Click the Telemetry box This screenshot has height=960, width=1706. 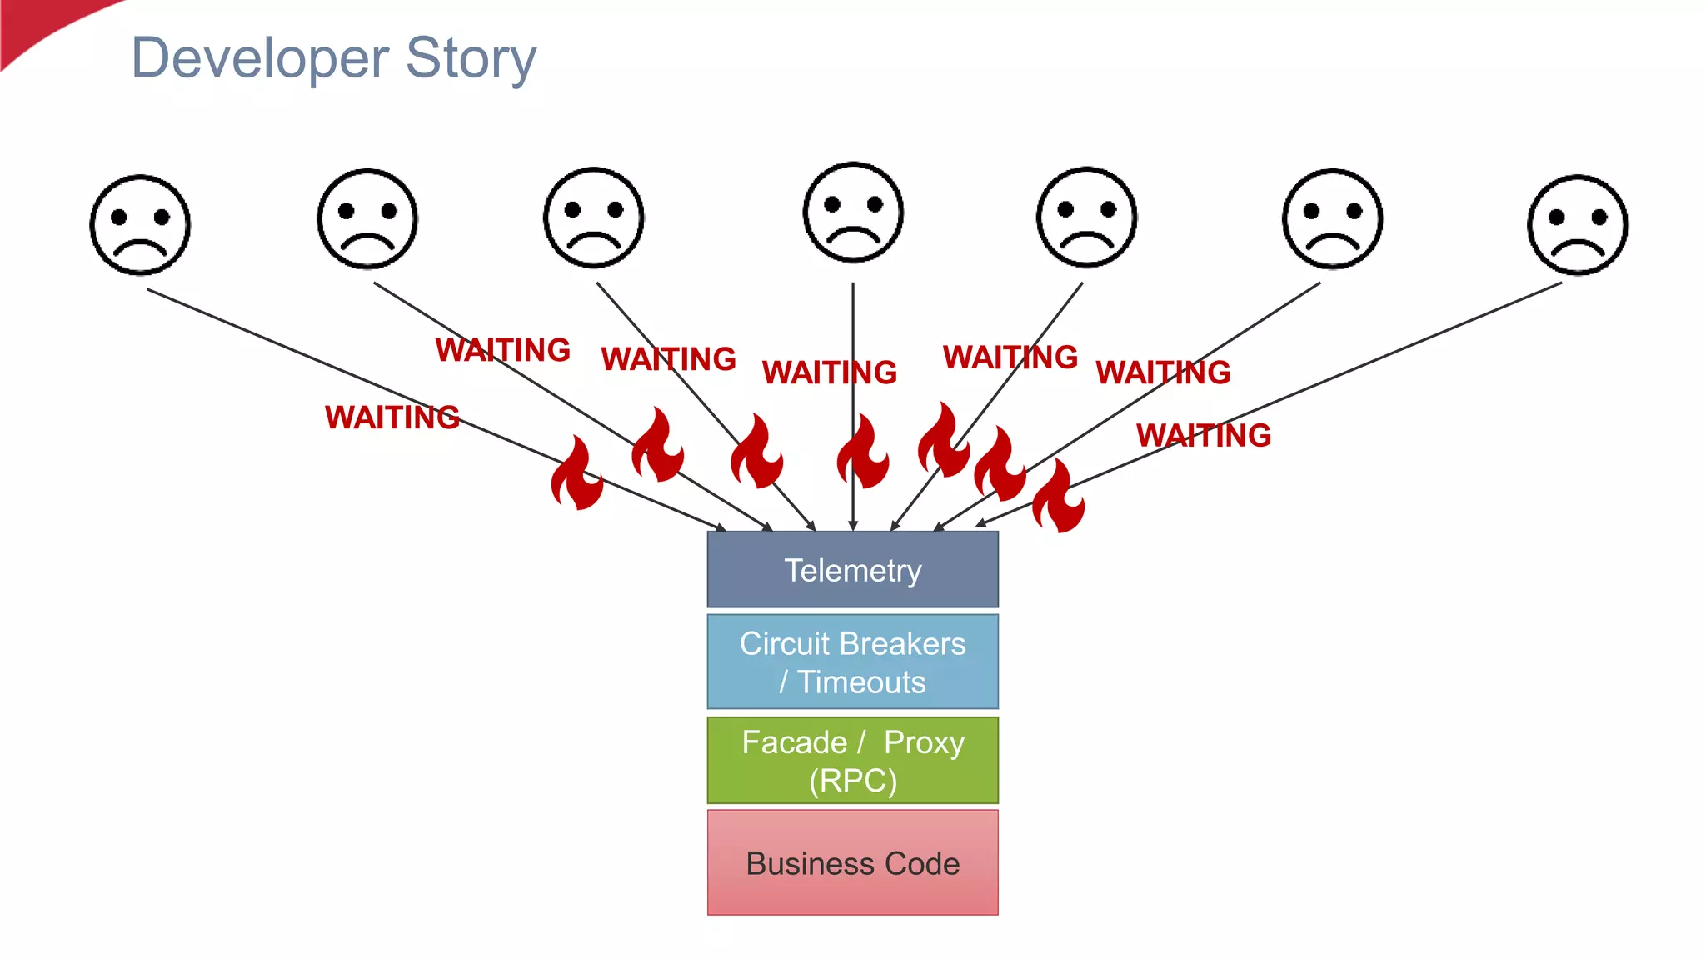(x=852, y=570)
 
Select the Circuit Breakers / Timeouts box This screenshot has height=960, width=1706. (x=852, y=662)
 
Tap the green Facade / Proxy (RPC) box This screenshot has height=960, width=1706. (x=852, y=760)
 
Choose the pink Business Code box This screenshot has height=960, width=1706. (x=852, y=862)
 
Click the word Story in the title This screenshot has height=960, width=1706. (x=471, y=58)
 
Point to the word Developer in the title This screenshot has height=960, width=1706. (x=260, y=58)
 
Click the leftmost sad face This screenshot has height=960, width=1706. (x=140, y=224)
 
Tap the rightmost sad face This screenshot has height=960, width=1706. (x=1577, y=224)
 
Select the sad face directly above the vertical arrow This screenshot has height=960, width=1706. (x=853, y=212)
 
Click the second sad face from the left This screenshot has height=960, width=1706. (x=367, y=219)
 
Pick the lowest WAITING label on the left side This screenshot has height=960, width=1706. (x=392, y=417)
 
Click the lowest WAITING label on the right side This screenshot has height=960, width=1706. (x=1203, y=435)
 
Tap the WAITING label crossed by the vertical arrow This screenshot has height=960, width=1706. (x=829, y=372)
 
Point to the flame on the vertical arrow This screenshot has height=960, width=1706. (x=862, y=452)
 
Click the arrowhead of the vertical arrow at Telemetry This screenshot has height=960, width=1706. (x=853, y=525)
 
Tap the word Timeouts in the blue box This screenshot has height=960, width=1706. (x=860, y=682)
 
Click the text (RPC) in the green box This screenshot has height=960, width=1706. (x=852, y=781)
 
